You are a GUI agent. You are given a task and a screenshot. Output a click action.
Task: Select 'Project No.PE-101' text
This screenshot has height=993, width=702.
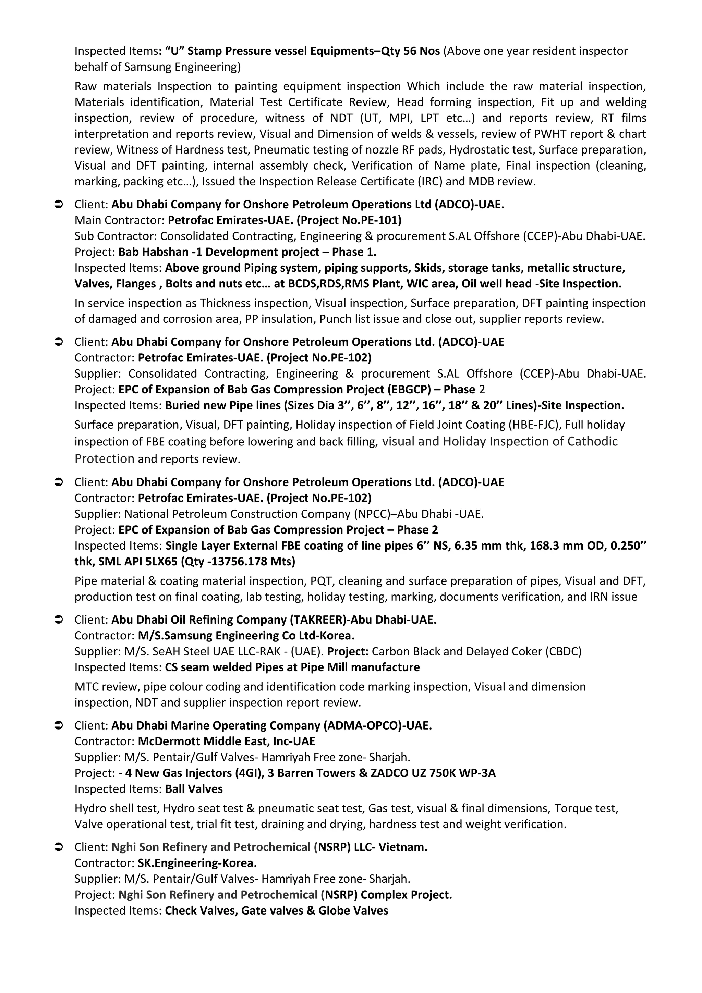coord(349,221)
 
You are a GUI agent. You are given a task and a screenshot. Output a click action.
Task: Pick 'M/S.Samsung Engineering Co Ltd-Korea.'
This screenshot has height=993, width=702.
coord(246,636)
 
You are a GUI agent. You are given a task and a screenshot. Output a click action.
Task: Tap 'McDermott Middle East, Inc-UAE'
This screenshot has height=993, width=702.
coord(226,742)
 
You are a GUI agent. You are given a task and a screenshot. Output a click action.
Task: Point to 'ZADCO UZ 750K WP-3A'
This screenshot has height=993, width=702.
coord(433,773)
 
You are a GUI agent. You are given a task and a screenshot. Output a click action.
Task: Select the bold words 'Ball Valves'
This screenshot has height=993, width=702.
coord(194,789)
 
